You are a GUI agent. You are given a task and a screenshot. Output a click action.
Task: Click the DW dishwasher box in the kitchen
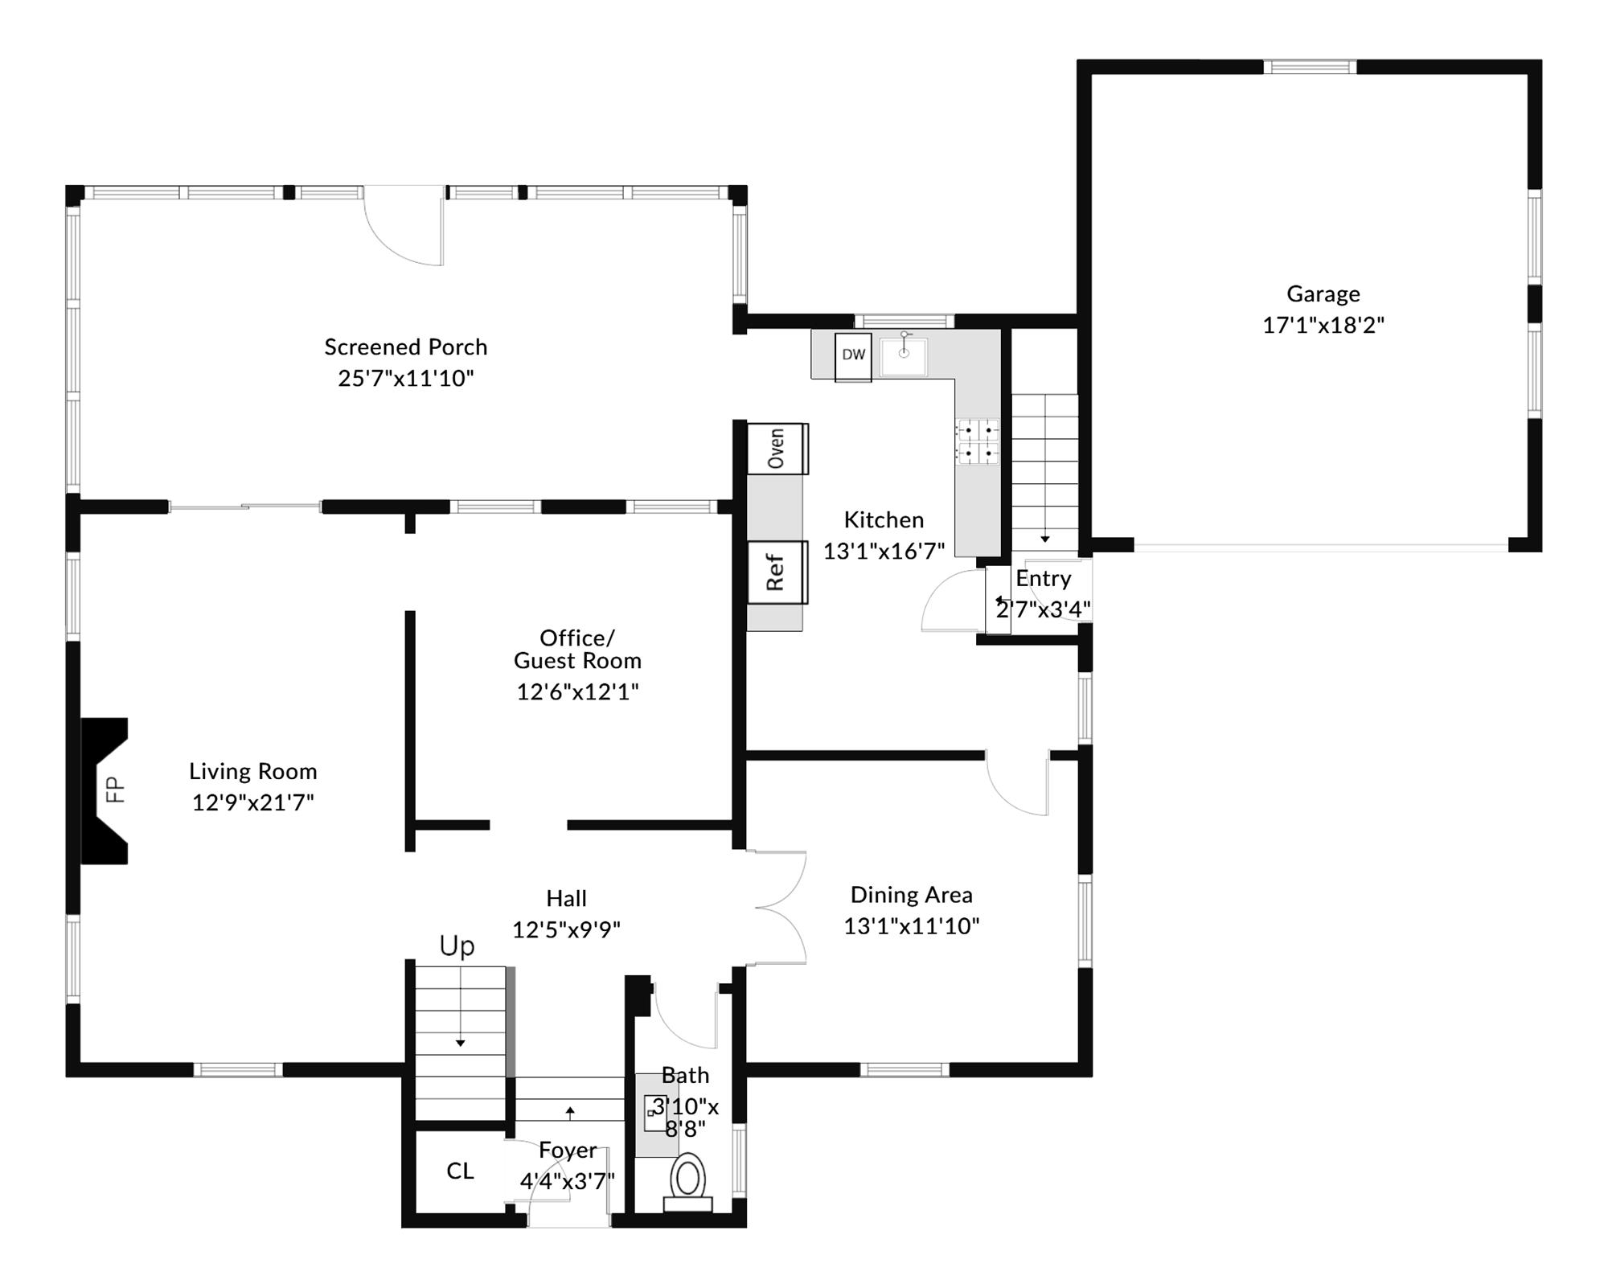[x=853, y=356]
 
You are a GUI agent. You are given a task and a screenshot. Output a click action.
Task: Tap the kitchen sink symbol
[x=904, y=356]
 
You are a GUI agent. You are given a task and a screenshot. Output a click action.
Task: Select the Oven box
[x=777, y=448]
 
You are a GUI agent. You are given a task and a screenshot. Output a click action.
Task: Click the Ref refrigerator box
[x=777, y=572]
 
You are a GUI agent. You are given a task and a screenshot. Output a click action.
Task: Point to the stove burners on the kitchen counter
[x=978, y=442]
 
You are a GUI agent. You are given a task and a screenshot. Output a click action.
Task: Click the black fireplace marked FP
[x=105, y=790]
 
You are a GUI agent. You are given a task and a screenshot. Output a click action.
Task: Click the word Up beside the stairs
[x=457, y=946]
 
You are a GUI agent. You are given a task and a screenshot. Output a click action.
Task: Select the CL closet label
[x=460, y=1171]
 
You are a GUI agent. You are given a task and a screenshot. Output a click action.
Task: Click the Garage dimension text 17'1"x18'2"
[x=1323, y=325]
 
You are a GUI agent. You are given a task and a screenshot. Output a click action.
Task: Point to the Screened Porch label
[x=406, y=347]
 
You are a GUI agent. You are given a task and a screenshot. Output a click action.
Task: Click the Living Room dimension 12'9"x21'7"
[x=252, y=802]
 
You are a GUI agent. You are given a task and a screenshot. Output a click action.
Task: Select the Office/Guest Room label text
[x=577, y=649]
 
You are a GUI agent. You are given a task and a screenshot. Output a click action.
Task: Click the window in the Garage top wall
[x=1310, y=67]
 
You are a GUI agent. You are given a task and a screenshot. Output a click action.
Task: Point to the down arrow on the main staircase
[x=461, y=1042]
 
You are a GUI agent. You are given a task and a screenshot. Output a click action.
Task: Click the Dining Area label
[x=911, y=895]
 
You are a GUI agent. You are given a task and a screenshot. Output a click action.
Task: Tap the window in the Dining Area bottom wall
[x=904, y=1069]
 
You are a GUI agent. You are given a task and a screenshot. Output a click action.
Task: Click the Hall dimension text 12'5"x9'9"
[x=566, y=930]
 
